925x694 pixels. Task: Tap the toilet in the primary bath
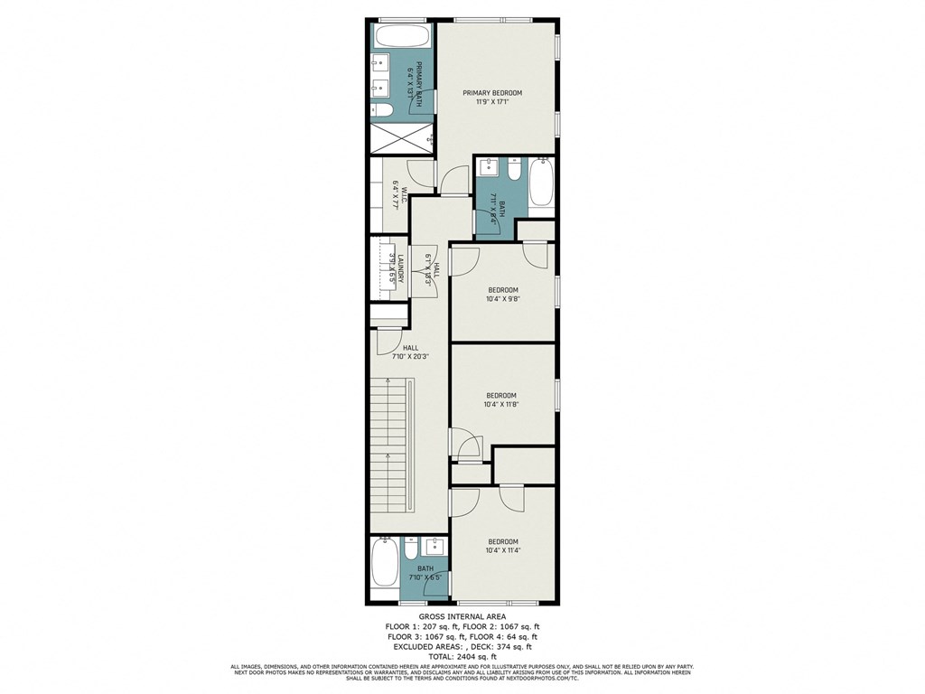(381, 109)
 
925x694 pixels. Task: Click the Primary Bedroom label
(492, 93)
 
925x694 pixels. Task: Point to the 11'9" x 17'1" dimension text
(492, 102)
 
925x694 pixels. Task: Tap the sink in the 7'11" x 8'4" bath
(489, 168)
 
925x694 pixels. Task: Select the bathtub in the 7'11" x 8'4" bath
(541, 183)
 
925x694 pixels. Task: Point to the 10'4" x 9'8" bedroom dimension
(502, 299)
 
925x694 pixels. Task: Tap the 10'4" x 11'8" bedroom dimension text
(501, 404)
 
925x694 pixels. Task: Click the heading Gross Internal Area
(462, 618)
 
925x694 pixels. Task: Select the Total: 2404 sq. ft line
(462, 656)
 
